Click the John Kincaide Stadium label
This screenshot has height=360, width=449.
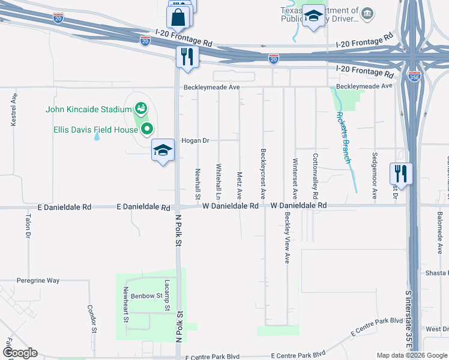pyautogui.click(x=89, y=109)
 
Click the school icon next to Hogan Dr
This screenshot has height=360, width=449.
pyautogui.click(x=163, y=151)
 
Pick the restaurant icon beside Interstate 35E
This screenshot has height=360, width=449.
pyautogui.click(x=401, y=174)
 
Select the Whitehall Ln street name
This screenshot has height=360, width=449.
pyautogui.click(x=218, y=182)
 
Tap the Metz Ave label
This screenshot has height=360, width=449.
pyautogui.click(x=240, y=186)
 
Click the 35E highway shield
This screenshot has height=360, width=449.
pyautogui.click(x=414, y=76)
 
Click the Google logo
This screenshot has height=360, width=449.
pyautogui.click(x=20, y=353)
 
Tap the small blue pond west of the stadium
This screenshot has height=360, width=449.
pyautogui.click(x=97, y=136)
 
